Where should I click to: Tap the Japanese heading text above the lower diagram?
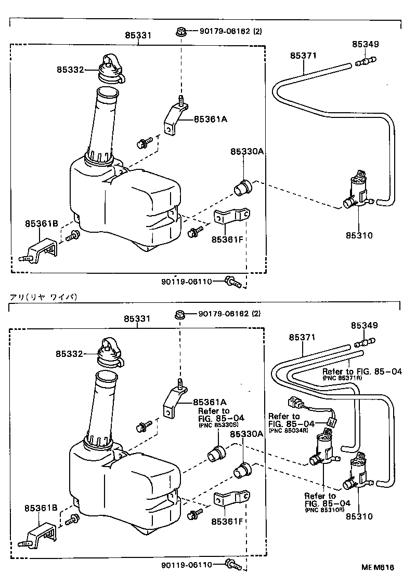(43, 297)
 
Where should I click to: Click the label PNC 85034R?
(288, 431)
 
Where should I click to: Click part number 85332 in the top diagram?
(71, 69)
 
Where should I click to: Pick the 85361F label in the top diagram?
(227, 239)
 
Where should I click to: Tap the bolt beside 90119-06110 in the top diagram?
(232, 283)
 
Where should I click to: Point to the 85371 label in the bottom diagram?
(302, 338)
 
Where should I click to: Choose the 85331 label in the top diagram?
(138, 36)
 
